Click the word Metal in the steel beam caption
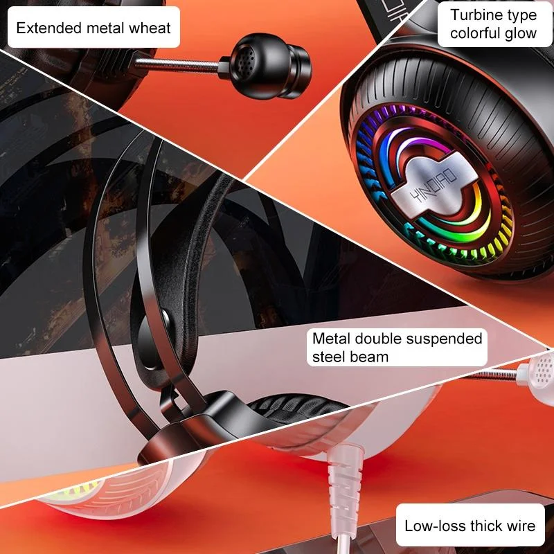tap(331, 339)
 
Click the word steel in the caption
tap(331, 357)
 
